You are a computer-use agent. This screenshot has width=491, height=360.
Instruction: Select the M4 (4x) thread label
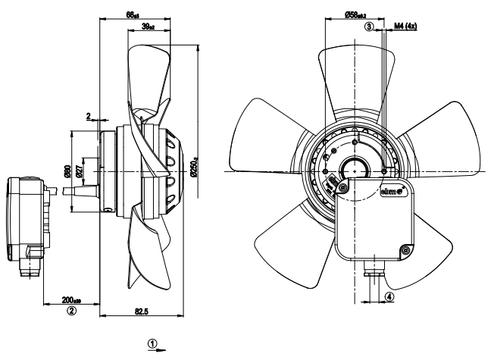[406, 27]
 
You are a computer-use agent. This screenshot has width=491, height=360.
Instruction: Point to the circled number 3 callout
[369, 27]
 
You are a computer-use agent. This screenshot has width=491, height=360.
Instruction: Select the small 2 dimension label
[89, 116]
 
